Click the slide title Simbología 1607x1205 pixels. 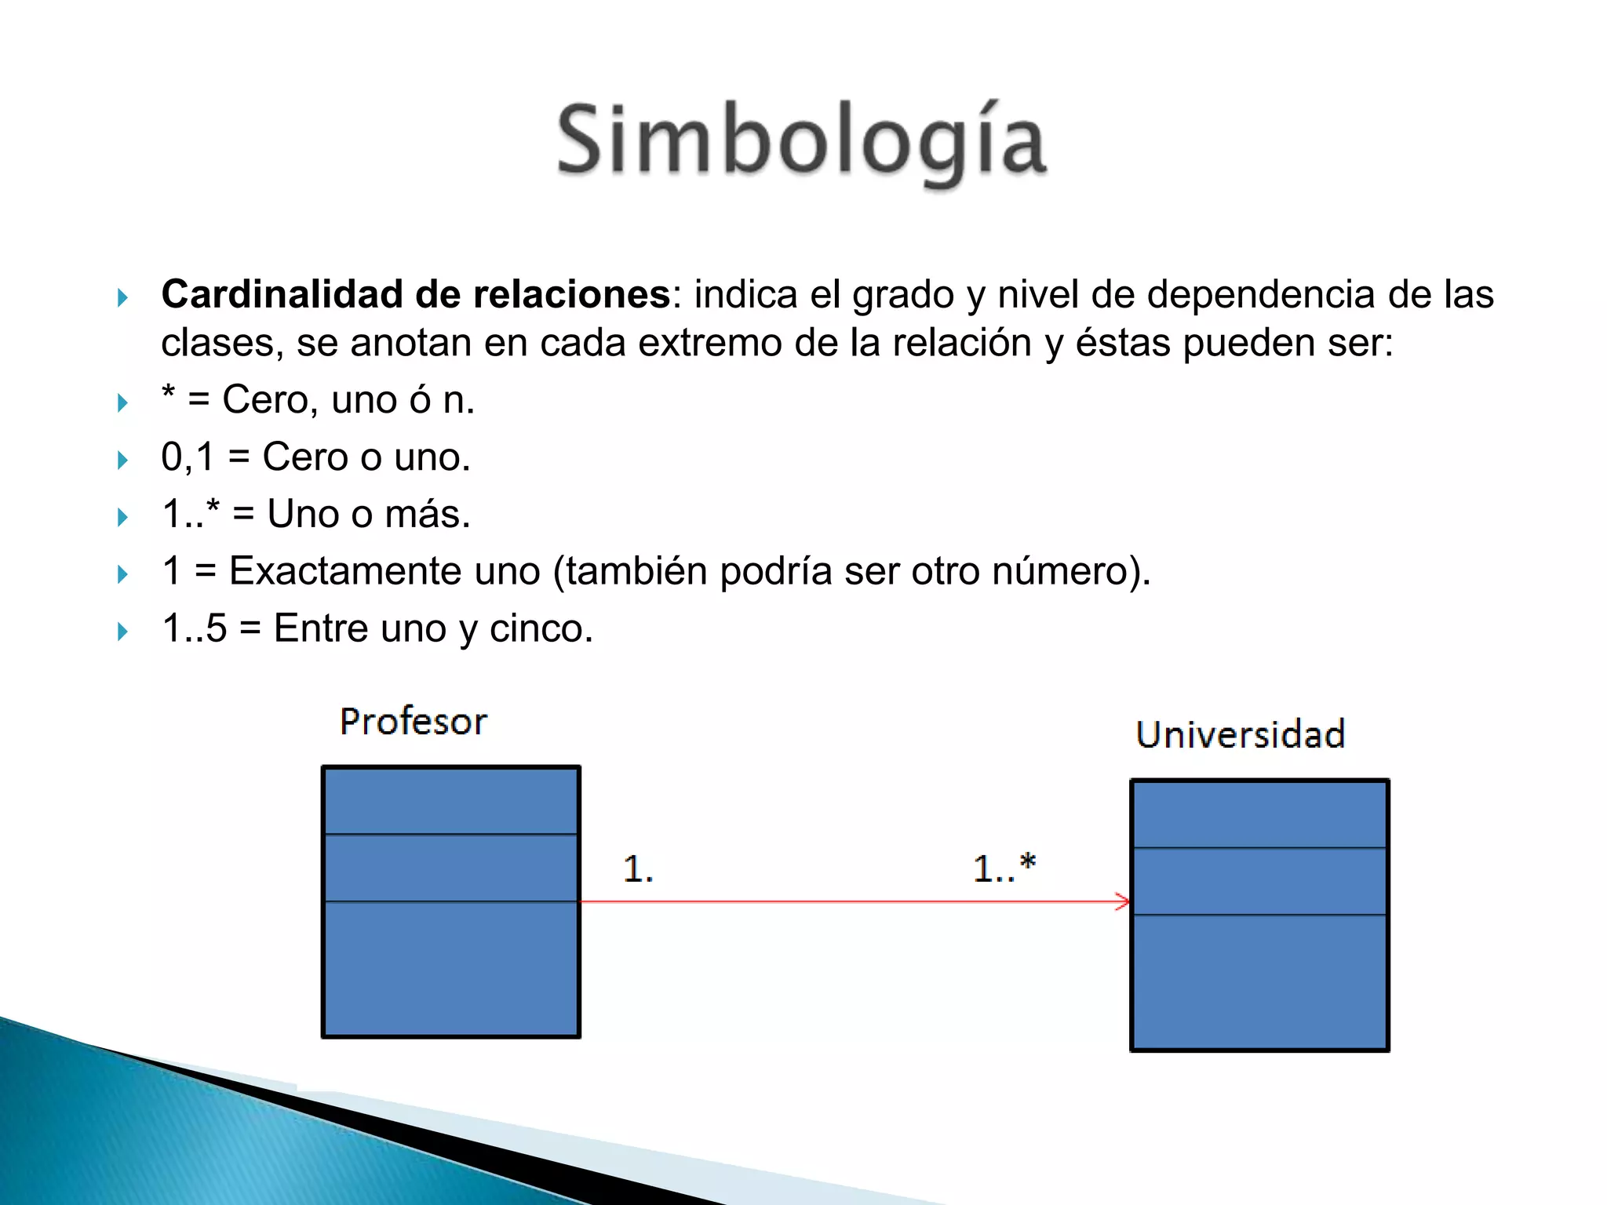coord(802,141)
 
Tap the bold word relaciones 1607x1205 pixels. coord(570,295)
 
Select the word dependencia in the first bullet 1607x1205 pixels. coord(1261,295)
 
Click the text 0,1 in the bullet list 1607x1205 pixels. coord(187,457)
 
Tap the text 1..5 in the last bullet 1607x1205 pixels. coord(194,628)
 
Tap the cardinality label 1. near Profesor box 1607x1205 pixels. coord(637,869)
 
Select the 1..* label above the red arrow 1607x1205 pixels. coord(1004,868)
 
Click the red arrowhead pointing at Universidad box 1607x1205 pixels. coord(1123,901)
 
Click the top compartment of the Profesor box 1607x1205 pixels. coord(451,801)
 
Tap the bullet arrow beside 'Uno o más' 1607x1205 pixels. coord(122,517)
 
